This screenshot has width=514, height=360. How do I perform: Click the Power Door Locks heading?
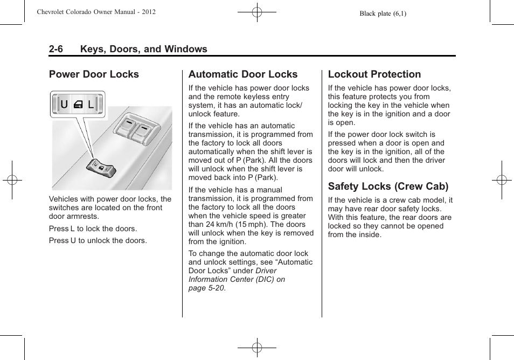[94, 74]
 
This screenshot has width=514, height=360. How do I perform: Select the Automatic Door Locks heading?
[242, 74]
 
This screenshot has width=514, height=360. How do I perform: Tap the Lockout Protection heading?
[374, 74]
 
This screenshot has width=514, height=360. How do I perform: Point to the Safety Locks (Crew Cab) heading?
[388, 186]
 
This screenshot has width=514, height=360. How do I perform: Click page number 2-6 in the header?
[55, 49]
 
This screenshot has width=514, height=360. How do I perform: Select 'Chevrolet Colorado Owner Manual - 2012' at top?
[96, 12]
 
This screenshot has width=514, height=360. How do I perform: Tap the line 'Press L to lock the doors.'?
[93, 229]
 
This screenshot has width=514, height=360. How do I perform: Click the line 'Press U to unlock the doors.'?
[98, 240]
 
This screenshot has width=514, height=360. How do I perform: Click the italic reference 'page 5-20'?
[206, 288]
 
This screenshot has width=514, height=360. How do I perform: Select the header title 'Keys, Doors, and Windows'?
[143, 49]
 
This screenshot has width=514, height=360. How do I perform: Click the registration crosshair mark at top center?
[256, 11]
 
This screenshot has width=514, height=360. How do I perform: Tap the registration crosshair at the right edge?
[501, 180]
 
